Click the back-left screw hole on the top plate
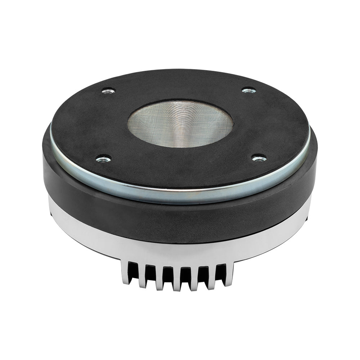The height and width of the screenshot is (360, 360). (108, 91)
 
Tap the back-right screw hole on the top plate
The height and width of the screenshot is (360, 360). (248, 90)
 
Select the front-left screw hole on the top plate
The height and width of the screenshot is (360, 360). (104, 158)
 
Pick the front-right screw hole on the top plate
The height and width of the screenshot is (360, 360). (259, 158)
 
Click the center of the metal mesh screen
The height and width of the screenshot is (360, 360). (180, 123)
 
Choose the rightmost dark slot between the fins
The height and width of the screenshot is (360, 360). (221, 272)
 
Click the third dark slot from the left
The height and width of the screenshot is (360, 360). (168, 274)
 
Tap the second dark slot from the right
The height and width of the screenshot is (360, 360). (203, 274)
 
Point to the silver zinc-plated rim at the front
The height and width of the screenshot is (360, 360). (180, 194)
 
